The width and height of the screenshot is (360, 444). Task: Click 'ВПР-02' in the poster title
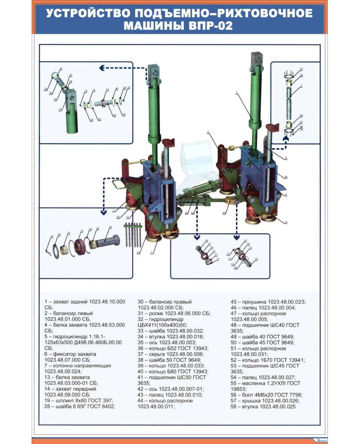(x=210, y=26)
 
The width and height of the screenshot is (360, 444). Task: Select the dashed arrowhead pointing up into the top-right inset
(x=285, y=138)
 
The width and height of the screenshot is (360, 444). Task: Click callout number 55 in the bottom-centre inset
(x=256, y=259)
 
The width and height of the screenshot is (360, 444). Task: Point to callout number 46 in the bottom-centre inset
(x=206, y=241)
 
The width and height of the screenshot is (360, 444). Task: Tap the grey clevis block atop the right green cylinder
(x=257, y=59)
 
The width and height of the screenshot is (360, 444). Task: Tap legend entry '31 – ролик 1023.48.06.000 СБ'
(x=173, y=313)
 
